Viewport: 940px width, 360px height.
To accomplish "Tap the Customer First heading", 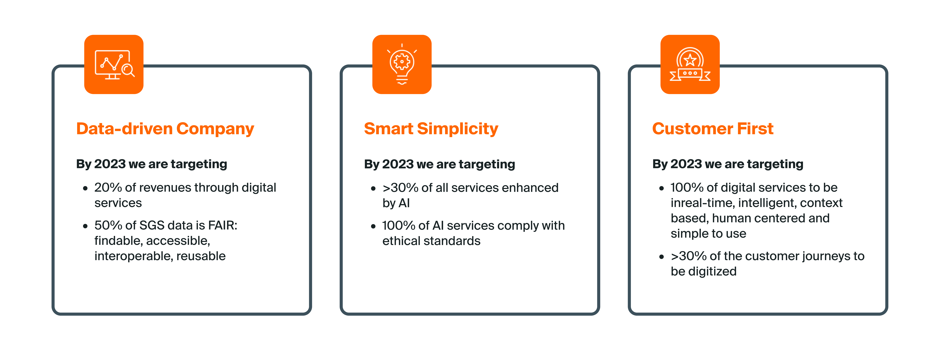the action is (713, 129).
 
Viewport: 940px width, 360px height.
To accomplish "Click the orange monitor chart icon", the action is (114, 65).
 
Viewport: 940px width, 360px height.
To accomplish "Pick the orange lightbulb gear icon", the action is (402, 65).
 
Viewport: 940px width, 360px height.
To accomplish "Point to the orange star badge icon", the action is (690, 65).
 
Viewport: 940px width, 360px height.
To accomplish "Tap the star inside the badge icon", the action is (690, 59).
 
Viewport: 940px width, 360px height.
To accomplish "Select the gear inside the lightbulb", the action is (402, 62).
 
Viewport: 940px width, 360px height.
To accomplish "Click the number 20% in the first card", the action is (108, 187).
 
